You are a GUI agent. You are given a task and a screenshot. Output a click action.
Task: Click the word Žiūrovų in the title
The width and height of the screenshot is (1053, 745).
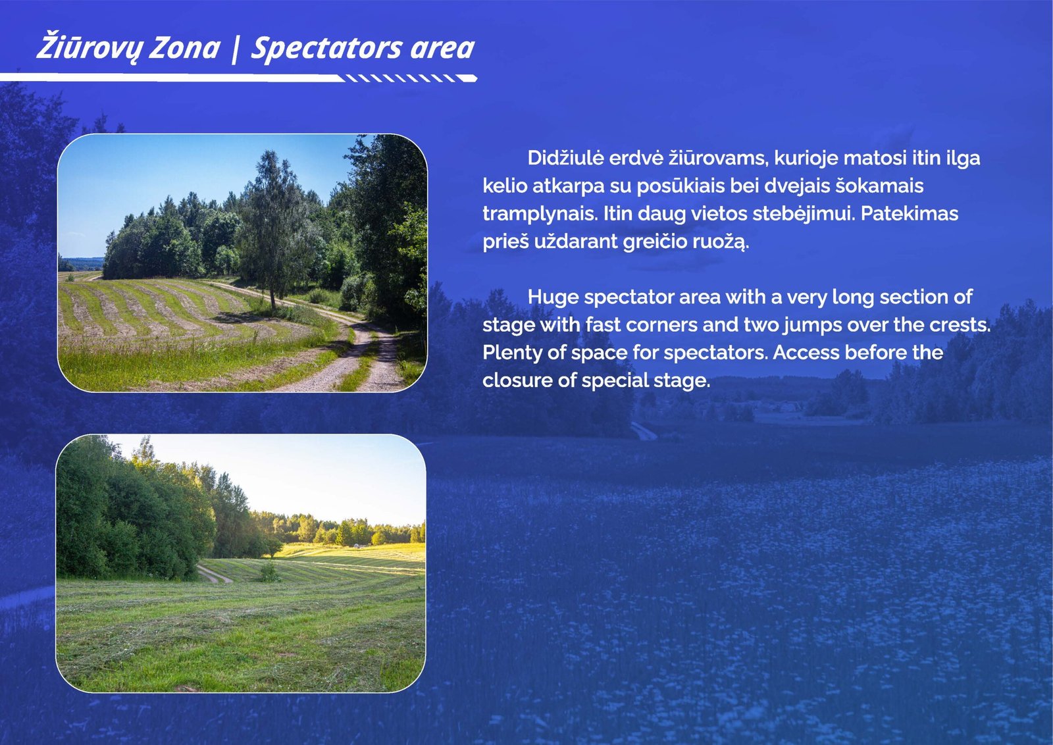tap(88, 47)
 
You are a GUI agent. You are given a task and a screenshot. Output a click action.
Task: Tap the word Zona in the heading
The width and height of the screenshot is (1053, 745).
tap(184, 49)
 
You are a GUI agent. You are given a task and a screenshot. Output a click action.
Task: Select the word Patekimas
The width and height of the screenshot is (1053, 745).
tap(910, 213)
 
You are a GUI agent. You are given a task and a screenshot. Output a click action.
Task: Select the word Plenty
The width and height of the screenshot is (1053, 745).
tap(513, 353)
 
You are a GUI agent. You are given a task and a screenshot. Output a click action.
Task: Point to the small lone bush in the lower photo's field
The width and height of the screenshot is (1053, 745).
tap(269, 572)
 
